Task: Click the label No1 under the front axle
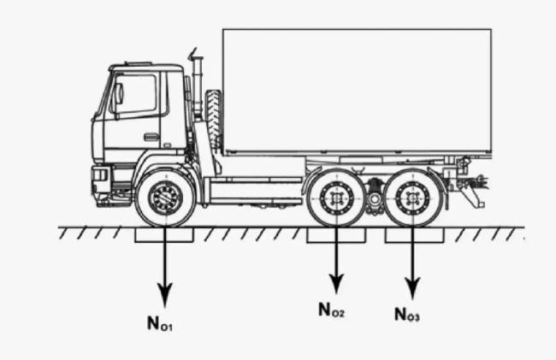coord(160,323)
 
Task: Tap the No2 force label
coord(332,310)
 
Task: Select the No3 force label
coord(407,315)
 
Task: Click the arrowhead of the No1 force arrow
coord(164,294)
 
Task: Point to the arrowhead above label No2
coord(336,283)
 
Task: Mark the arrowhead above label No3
coord(412,288)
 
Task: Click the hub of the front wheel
coord(165,198)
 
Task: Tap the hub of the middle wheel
coord(336,198)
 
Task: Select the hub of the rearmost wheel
coord(412,198)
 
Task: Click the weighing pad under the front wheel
coord(164,235)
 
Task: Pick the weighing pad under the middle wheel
coord(336,235)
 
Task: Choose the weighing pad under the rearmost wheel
coord(414,235)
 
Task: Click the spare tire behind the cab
coord(214,119)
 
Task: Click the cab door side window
coord(136,94)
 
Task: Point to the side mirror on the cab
coord(118,94)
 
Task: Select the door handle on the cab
coord(151,137)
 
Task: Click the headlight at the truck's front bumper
coord(99,175)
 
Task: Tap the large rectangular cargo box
coord(357,91)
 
